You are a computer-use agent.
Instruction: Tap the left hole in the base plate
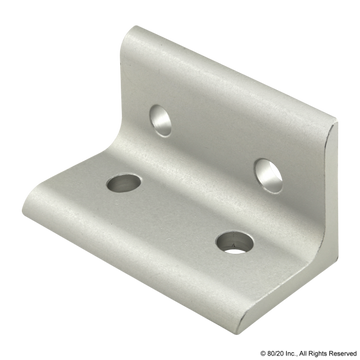click(x=122, y=183)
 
